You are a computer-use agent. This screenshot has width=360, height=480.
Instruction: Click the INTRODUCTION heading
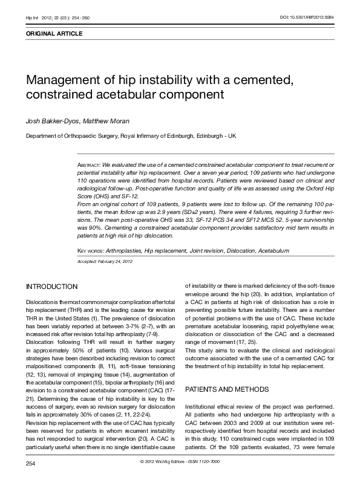point(51,286)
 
